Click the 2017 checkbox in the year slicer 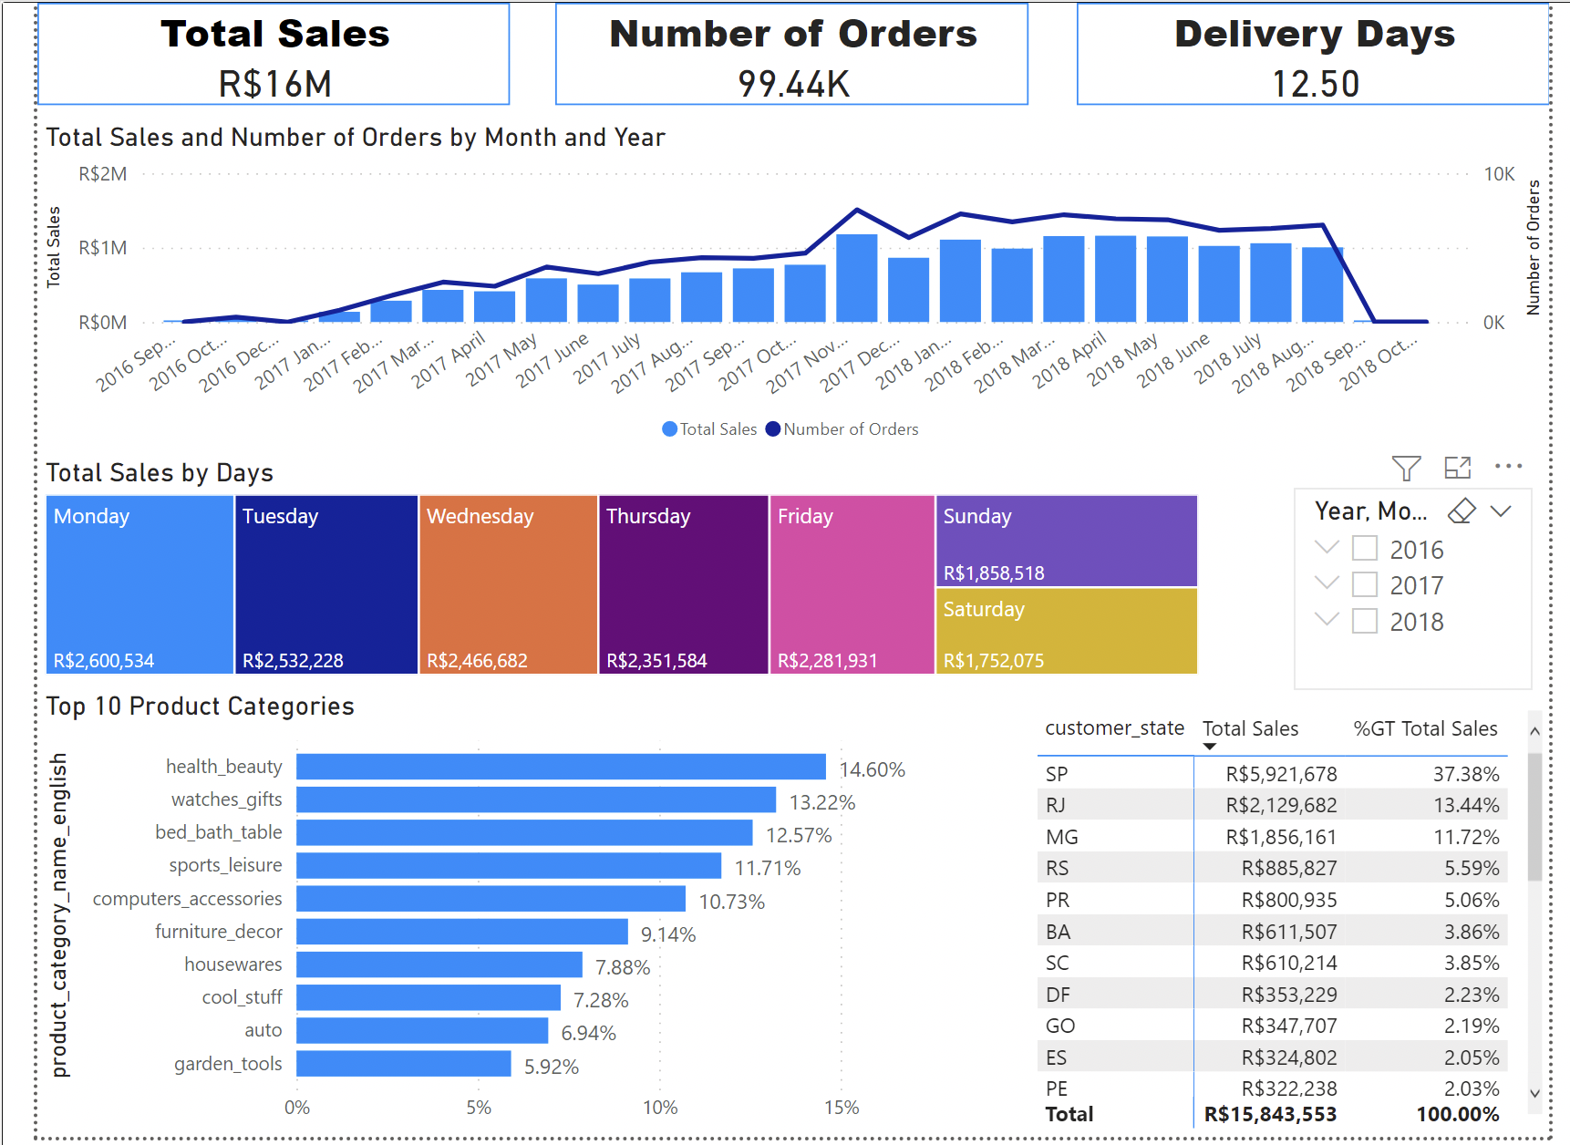[1364, 584]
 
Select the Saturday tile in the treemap [1065, 631]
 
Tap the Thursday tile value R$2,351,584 [656, 661]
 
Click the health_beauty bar [561, 767]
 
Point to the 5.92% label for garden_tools [551, 1067]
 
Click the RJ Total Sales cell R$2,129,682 [1280, 806]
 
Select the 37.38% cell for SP [1465, 774]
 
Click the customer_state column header [1113, 728]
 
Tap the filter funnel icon [1406, 468]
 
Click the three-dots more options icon [1508, 467]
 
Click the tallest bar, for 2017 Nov [856, 278]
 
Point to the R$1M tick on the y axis [103, 248]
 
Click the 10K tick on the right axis [1498, 174]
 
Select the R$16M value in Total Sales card [274, 84]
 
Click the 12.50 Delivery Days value [1315, 84]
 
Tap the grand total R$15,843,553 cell [1269, 1114]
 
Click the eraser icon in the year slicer [1462, 511]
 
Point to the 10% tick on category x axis [659, 1108]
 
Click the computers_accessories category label [187, 899]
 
